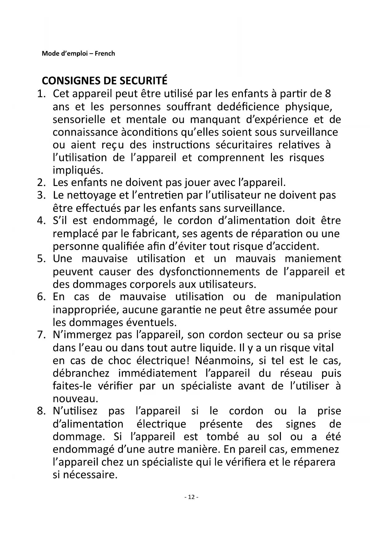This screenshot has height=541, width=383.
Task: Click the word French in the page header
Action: (105, 54)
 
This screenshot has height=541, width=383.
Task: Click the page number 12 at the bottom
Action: (191, 497)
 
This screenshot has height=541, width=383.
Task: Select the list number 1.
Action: (41, 93)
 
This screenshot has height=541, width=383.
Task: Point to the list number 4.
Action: (41, 221)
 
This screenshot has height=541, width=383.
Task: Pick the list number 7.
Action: (41, 335)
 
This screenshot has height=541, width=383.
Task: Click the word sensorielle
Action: (79, 119)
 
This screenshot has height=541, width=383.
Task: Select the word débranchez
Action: (81, 373)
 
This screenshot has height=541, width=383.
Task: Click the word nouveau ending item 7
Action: (75, 399)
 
